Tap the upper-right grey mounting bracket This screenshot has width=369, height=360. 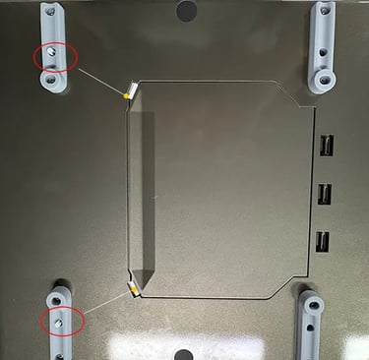click(322, 46)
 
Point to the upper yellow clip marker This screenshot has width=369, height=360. click(126, 95)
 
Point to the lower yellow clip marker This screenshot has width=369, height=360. click(131, 287)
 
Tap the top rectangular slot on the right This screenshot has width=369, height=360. click(323, 148)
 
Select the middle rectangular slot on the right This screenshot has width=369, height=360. click(323, 193)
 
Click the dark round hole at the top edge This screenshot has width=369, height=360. click(185, 9)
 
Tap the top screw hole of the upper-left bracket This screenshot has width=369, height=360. click(49, 13)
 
